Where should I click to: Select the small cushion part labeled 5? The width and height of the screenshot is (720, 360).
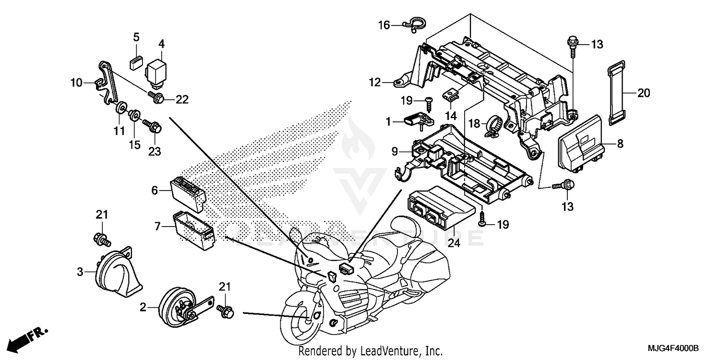136,61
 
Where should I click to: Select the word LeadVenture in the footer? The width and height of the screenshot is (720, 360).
394,351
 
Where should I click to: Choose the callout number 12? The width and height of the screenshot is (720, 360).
375,83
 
